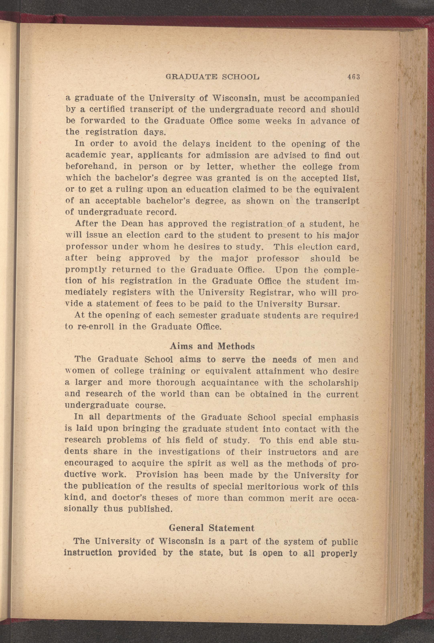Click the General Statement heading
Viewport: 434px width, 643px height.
pyautogui.click(x=211, y=528)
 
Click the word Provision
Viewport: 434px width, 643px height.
pyautogui.click(x=157, y=475)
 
